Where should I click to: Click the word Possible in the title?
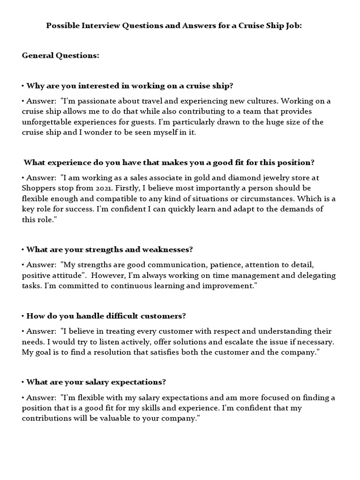tap(61, 26)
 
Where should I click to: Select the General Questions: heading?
tap(60, 56)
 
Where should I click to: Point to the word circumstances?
tap(267, 199)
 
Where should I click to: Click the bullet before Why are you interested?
tap(22, 86)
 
